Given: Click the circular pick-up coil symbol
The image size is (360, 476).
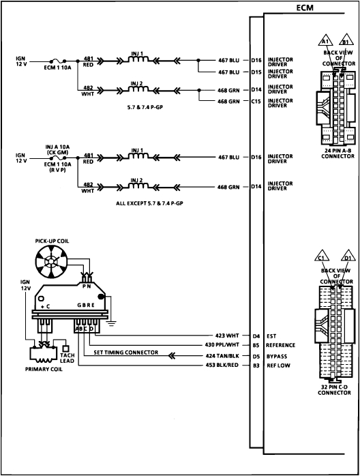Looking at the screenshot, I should coord(49,263).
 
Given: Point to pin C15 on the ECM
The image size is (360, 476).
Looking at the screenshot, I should coord(256,101).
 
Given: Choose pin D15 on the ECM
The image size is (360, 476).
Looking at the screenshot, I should coord(256,71).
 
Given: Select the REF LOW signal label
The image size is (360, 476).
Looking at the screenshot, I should coord(280,365).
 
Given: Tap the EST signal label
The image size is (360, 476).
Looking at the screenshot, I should coord(273,335).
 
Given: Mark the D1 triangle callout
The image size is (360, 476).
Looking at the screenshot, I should coord(348,258).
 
